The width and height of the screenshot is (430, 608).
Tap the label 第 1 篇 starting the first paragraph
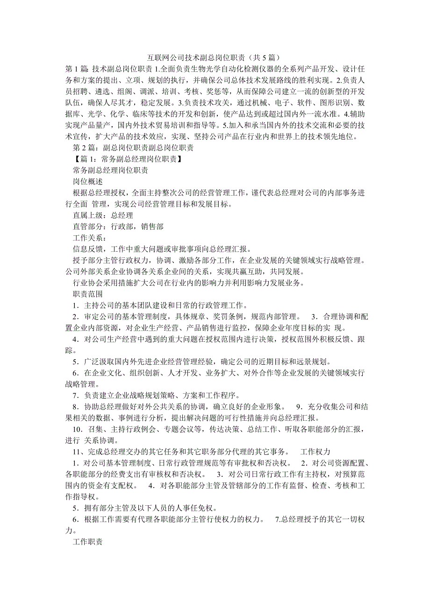pos(77,69)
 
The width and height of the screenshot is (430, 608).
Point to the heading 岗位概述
pos(88,182)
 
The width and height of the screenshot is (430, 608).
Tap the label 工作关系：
pos(90,238)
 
